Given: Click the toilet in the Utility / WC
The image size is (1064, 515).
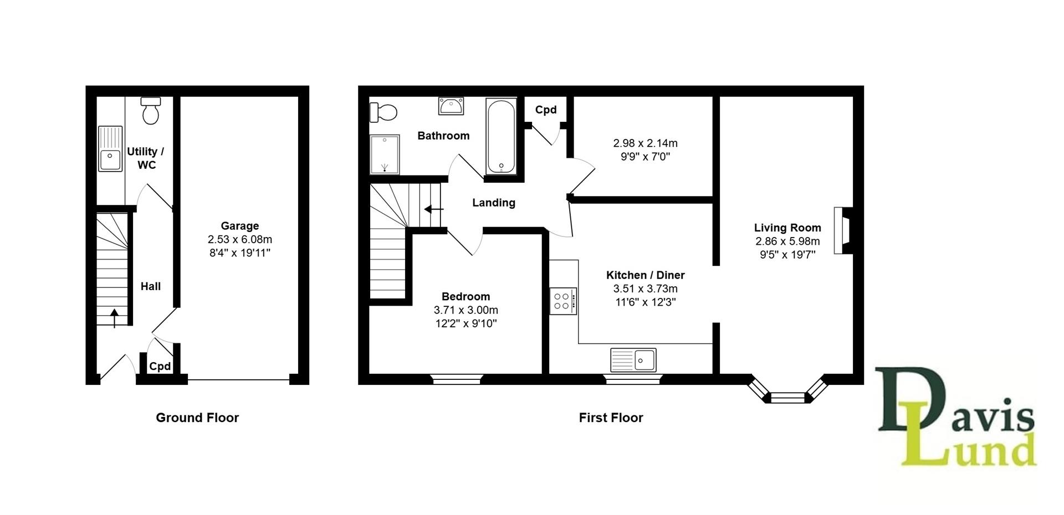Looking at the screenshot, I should [151, 111].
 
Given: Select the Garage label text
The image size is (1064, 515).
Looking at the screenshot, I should [239, 226].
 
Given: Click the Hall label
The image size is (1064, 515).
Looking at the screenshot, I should [150, 286].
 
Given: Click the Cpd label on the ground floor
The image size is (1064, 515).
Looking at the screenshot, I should [160, 367].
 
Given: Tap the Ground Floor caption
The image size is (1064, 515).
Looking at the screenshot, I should [197, 418].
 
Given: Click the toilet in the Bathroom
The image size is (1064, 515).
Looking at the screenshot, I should [383, 112].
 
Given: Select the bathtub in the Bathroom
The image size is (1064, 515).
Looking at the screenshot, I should [501, 136].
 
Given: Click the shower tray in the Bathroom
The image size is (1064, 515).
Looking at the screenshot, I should [384, 153].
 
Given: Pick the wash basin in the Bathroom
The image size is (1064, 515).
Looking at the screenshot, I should [451, 105].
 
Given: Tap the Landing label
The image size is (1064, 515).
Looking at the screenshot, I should [493, 203].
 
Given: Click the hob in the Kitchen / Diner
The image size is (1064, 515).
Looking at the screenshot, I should [563, 301].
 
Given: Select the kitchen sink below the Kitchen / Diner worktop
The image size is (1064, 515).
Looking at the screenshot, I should [633, 360].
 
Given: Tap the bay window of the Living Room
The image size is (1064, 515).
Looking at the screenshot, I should [787, 395].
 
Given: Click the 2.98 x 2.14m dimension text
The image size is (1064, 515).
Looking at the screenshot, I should [645, 143].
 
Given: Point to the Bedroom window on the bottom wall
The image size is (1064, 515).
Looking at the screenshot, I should [457, 379].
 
